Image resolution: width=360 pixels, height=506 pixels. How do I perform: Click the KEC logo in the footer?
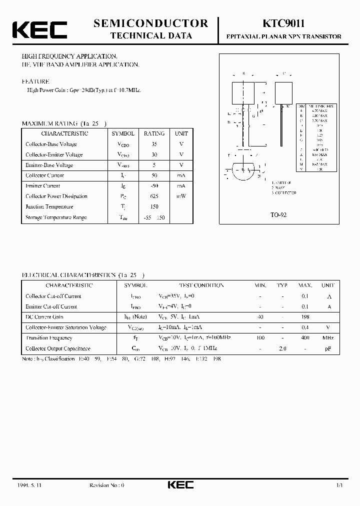pyautogui.click(x=180, y=484)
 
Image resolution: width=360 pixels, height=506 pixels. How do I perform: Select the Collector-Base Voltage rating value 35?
pyautogui.click(x=154, y=144)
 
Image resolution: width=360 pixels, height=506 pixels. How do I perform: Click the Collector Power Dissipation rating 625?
pyautogui.click(x=154, y=196)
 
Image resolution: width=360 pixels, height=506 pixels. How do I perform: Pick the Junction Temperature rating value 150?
pyautogui.click(x=154, y=207)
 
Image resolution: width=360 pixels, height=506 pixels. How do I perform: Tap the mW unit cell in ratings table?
pyautogui.click(x=181, y=196)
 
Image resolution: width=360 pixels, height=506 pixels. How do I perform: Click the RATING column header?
pyautogui.click(x=154, y=133)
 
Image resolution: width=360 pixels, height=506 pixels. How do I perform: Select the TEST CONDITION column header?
pyautogui.click(x=201, y=285)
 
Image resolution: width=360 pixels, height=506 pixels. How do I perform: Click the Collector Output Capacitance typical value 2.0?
pyautogui.click(x=282, y=348)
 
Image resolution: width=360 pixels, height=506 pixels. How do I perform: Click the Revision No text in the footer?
pyautogui.click(x=106, y=485)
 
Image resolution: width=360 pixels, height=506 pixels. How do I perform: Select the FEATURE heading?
pyautogui.click(x=35, y=81)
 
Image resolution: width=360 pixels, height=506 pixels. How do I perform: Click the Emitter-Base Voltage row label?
pyautogui.click(x=49, y=165)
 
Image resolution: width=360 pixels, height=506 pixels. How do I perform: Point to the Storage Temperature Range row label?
pyautogui.click(x=56, y=217)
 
